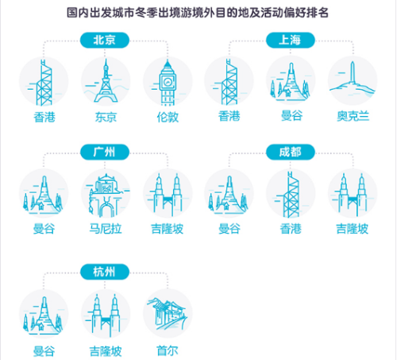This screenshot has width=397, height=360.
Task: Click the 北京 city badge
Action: point(105,41)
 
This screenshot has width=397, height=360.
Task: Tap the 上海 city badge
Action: point(291,41)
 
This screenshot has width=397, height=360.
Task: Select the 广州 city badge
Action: point(105,152)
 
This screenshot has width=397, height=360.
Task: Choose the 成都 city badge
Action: point(291,152)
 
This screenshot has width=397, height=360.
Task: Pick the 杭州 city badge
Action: point(105,272)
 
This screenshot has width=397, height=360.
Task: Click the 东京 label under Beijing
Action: point(106,117)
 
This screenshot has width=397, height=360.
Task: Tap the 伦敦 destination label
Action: point(168,117)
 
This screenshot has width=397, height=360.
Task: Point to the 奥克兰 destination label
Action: point(353,116)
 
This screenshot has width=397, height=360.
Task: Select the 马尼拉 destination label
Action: point(106,229)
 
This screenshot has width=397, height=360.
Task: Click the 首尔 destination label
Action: point(168,351)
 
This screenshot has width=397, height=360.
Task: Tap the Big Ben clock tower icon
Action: point(168,83)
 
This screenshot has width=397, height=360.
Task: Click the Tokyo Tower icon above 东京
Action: point(106,81)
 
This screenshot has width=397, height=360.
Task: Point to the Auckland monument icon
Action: point(353,79)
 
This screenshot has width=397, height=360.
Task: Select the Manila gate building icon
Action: point(106,195)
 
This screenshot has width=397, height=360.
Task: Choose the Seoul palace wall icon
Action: point(168,314)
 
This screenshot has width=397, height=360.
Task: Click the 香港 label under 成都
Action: point(291,229)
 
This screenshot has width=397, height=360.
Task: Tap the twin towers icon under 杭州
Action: point(106,316)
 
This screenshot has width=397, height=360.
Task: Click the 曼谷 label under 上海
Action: point(291,116)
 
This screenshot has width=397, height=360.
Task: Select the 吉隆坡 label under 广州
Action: point(168,229)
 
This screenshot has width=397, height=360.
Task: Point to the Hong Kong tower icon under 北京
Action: point(44,83)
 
